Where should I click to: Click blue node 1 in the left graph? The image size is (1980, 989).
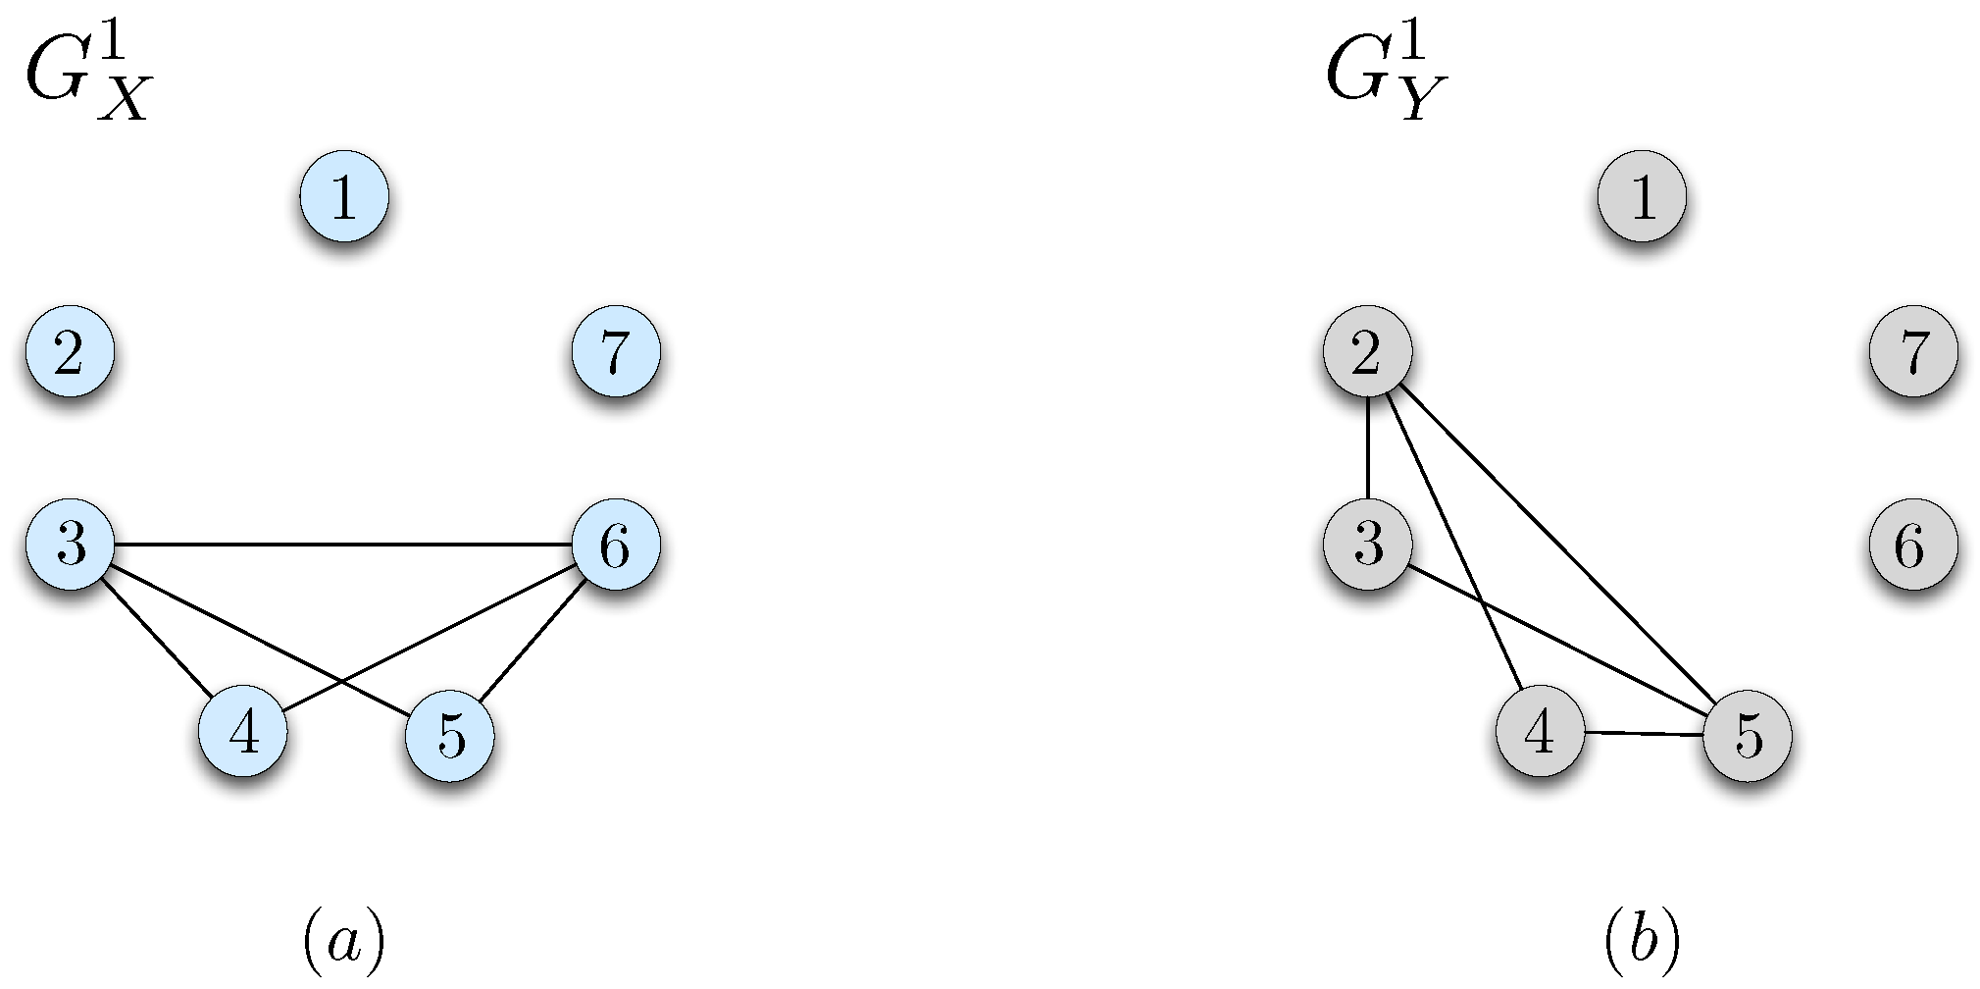click(x=343, y=196)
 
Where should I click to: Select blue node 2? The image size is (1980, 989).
click(x=70, y=351)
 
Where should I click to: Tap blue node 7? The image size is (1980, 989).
click(x=616, y=351)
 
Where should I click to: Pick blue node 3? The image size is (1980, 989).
click(x=70, y=544)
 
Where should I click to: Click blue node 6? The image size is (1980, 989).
click(x=616, y=545)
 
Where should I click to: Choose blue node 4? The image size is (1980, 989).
click(x=243, y=732)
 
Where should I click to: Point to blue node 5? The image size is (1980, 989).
click(x=450, y=735)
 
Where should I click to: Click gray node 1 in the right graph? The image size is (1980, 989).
click(x=1642, y=196)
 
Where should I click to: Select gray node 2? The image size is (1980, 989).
click(x=1367, y=351)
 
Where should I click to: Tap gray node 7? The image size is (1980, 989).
click(x=1913, y=351)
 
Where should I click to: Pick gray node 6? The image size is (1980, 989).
click(x=1913, y=545)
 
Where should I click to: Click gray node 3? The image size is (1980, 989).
click(x=1367, y=544)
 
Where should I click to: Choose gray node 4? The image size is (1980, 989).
click(x=1541, y=732)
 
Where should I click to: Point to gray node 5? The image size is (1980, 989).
click(x=1748, y=735)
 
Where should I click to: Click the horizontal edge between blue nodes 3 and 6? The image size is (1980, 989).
click(x=343, y=545)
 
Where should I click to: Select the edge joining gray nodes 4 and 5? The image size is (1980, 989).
click(x=1645, y=733)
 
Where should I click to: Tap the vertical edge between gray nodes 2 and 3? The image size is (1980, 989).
click(x=1367, y=447)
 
